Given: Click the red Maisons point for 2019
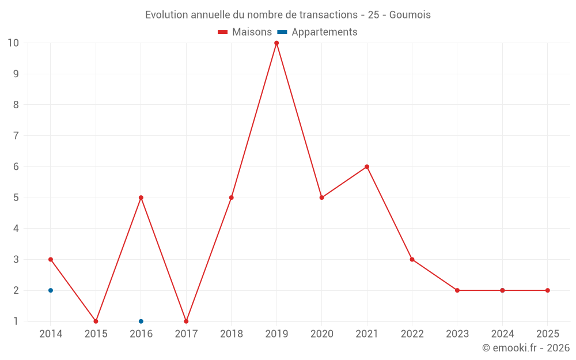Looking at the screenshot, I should coord(276,43).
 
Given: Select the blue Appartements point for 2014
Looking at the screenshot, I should coord(51,290).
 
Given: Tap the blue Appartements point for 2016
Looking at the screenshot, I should coord(141,321).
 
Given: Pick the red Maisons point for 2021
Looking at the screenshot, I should coord(367,167).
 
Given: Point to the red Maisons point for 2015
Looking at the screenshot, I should coord(96,321).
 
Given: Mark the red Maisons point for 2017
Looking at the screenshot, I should coord(186,321).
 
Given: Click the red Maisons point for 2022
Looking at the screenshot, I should coord(412,259).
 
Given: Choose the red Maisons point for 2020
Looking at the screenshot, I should coord(321,198).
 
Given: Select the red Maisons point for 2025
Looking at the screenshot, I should coord(547,290).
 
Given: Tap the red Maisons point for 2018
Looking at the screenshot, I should coord(232,198).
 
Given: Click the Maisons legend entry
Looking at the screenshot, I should coord(245,32).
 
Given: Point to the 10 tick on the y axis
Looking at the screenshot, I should coord(13,43).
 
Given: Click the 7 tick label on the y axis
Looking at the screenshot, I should coord(16,136).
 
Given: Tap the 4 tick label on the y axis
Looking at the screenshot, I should coord(16,229).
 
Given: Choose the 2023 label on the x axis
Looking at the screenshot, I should coord(457,334).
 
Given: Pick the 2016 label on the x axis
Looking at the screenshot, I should coord(141,334).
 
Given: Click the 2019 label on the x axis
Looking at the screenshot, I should coord(276,334).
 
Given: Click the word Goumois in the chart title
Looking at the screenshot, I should coord(410,15).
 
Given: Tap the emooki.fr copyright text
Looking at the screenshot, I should coord(525,348).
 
